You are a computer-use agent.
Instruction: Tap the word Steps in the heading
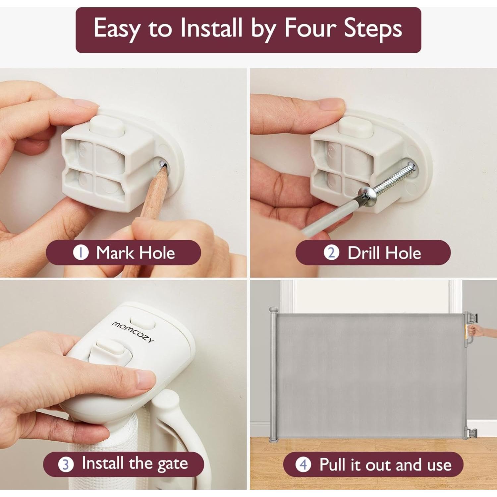[x=373, y=29]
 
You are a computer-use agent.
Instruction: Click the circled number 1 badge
[x=81, y=253]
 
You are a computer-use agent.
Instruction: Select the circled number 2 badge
[x=331, y=253]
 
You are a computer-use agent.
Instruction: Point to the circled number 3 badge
[x=66, y=464]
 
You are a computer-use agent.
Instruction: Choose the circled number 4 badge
[x=304, y=464]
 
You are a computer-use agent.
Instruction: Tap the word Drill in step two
[x=363, y=253]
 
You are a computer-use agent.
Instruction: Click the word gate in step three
[x=173, y=464]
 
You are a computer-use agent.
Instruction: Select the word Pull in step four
[x=333, y=464]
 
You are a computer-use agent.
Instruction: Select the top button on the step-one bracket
[x=107, y=126]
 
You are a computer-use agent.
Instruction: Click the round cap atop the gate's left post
[x=273, y=310]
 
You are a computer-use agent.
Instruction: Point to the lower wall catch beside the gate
[x=472, y=432]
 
